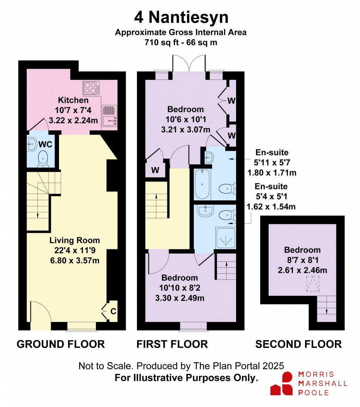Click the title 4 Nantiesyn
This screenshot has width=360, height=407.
click(180, 17)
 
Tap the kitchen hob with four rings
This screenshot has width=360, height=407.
click(91, 88)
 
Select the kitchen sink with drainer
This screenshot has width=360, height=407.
click(110, 116)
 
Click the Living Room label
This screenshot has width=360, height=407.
click(74, 241)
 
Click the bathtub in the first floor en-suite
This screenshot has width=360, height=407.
click(202, 184)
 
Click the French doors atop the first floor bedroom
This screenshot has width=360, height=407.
click(189, 64)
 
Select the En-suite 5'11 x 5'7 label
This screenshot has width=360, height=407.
click(271, 158)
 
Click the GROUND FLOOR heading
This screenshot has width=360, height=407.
click(61, 344)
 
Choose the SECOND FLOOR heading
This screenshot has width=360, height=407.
click(298, 344)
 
